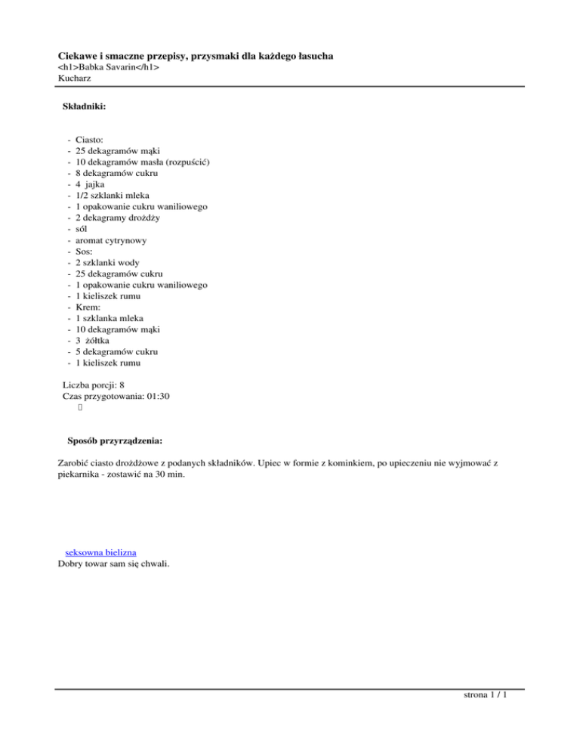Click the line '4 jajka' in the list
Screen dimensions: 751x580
click(91, 184)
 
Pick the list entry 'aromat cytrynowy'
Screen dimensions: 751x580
click(111, 240)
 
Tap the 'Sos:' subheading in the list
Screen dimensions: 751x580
click(85, 251)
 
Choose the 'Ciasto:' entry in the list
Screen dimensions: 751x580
click(91, 140)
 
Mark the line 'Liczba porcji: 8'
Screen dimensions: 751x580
click(94, 384)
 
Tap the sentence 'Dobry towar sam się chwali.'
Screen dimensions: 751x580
click(113, 563)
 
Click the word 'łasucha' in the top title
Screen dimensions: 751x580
click(311, 57)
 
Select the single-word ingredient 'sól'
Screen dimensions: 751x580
click(82, 229)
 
